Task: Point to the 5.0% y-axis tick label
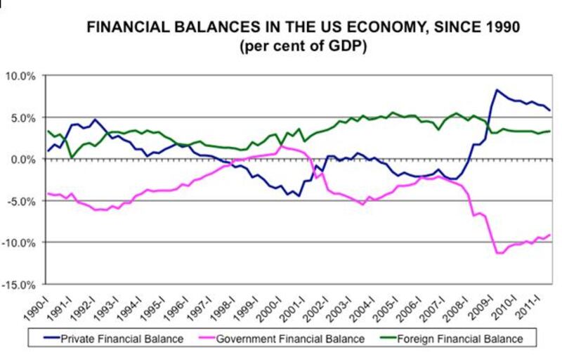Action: pyautogui.click(x=23, y=117)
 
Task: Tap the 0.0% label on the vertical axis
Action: pyautogui.click(x=23, y=159)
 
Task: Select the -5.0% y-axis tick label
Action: pyautogui.click(x=22, y=200)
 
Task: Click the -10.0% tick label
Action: pyautogui.click(x=20, y=243)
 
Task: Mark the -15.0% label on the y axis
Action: pyautogui.click(x=20, y=284)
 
